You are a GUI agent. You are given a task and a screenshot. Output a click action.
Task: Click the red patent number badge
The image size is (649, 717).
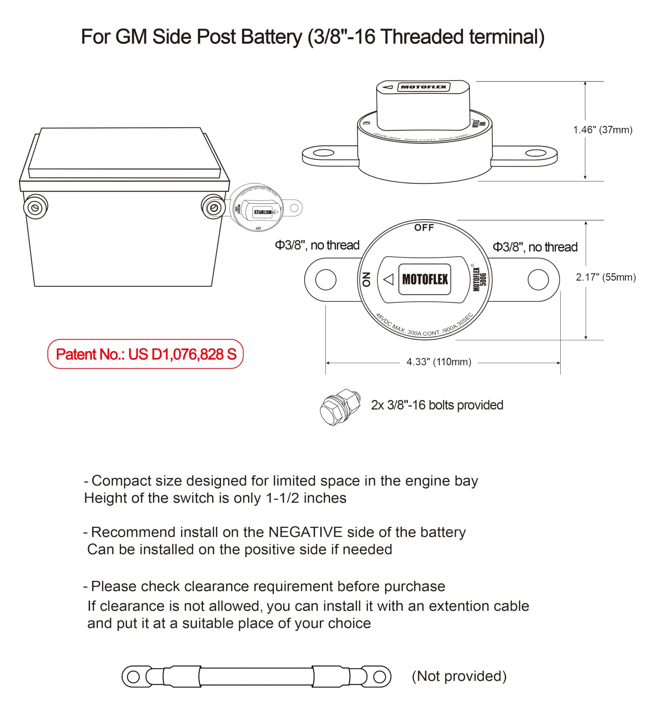coord(145,354)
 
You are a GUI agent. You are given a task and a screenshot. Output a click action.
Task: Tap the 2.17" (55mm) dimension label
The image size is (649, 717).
coord(605,277)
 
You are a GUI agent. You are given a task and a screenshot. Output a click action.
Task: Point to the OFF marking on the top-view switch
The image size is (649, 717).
coord(424,228)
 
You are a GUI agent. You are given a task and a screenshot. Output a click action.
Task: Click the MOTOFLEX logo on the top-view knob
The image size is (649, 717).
coord(425,279)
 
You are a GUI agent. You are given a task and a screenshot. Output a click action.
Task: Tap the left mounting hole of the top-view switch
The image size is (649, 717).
coord(325,279)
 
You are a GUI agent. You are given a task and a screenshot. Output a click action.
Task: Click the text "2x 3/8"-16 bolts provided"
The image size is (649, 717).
coord(437,405)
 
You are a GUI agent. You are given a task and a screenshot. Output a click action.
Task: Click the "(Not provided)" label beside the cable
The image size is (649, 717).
coord(459,676)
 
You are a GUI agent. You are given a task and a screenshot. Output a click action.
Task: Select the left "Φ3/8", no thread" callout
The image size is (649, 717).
coord(317,245)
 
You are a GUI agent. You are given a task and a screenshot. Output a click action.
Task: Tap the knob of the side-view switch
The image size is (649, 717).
coord(423,105)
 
